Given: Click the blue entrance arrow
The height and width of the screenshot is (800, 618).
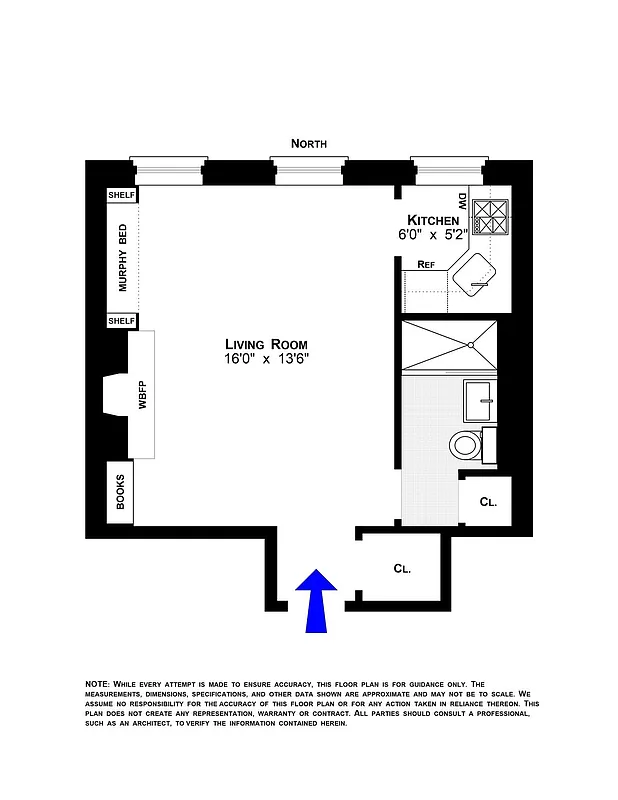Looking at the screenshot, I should [317, 601].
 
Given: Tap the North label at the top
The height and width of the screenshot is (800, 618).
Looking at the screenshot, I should [309, 144].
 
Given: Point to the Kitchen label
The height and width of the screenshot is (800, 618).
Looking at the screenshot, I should [432, 220].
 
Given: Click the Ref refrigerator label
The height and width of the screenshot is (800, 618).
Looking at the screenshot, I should [426, 265].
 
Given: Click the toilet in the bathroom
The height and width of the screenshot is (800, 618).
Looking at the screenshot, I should [465, 443].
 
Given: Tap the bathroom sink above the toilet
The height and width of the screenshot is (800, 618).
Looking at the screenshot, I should [478, 400].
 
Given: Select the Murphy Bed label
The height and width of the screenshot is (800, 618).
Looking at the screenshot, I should [122, 258].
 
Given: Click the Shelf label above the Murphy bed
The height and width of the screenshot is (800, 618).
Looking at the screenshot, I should [121, 195].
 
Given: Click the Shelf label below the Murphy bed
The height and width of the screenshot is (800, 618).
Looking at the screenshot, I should [121, 321].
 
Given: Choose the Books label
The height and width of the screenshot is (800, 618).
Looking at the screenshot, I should [120, 492].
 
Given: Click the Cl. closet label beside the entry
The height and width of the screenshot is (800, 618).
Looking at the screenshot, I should [401, 569].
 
